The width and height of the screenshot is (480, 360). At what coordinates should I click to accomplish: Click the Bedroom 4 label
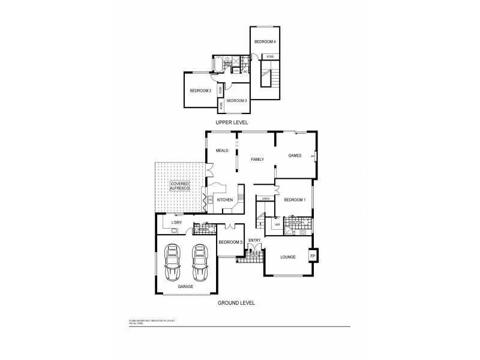(265, 41)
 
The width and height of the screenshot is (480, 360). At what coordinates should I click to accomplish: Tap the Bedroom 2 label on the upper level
(200, 91)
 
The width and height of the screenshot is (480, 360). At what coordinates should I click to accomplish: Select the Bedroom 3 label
(237, 101)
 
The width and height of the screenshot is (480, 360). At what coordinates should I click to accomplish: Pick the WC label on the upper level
(245, 71)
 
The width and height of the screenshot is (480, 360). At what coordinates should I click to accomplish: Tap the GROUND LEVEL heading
(236, 303)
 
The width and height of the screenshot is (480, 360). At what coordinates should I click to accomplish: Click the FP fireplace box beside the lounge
(312, 256)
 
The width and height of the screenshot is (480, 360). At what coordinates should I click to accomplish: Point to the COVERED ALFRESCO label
(180, 187)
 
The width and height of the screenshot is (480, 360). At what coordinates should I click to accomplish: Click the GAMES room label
(295, 155)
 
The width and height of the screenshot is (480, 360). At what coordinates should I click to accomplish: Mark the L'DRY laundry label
(176, 223)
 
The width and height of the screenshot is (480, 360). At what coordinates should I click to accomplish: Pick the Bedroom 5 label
(230, 242)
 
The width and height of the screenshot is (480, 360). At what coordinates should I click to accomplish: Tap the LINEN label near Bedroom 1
(266, 198)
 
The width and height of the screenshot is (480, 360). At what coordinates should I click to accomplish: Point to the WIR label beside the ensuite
(277, 224)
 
